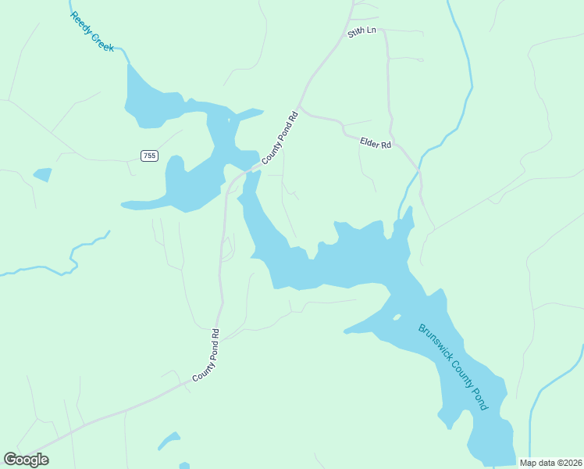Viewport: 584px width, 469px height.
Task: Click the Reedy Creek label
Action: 92,32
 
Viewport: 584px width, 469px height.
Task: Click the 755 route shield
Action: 149,156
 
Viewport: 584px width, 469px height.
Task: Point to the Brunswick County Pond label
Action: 453,367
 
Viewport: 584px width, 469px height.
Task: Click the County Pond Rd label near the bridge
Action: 280,138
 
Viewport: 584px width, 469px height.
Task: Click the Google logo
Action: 26,460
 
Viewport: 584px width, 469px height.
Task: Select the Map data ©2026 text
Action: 551,463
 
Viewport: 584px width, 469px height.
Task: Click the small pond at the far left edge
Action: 42,174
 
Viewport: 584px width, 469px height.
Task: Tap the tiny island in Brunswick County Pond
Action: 397,317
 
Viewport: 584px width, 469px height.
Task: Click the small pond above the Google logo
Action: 169,441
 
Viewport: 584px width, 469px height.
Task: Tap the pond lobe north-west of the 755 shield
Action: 156,102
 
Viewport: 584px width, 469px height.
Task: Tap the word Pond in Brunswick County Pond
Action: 475,395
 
